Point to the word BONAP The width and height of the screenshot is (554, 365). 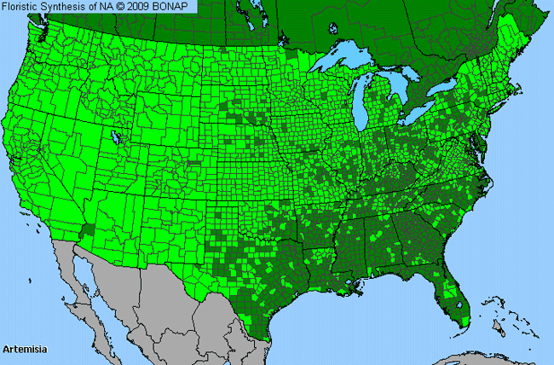(176, 7)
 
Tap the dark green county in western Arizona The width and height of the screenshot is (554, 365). (86, 231)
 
